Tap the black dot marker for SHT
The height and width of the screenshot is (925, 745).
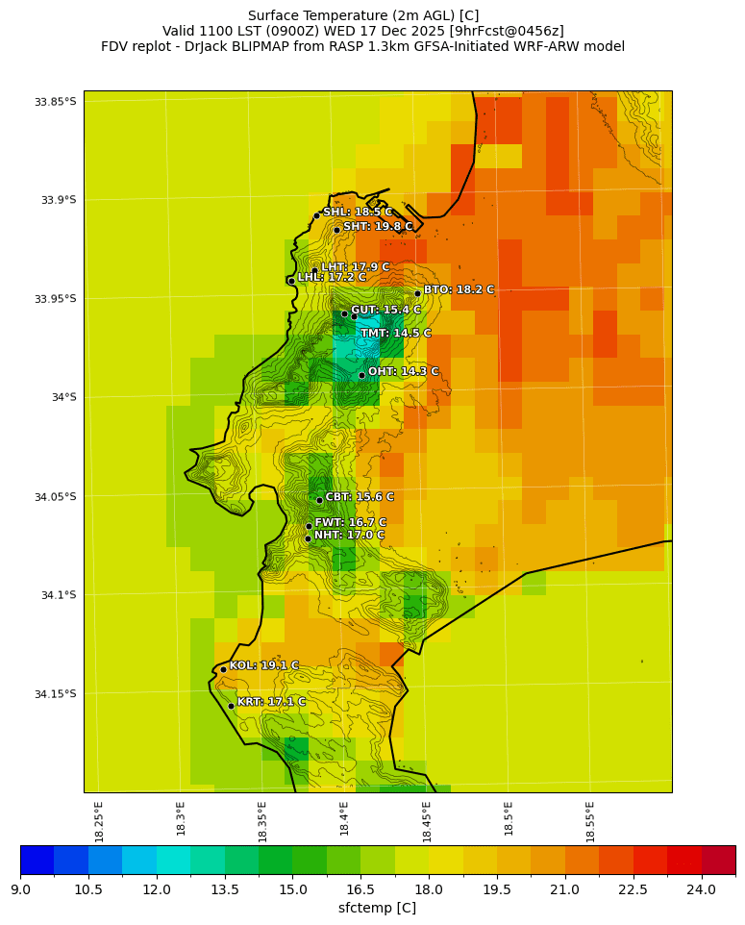coord(336,229)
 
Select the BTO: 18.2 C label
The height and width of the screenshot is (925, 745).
coord(459,289)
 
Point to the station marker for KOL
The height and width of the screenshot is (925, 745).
coord(223,669)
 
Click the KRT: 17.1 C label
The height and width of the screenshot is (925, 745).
coord(271,702)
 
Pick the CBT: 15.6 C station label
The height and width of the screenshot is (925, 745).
coord(360,497)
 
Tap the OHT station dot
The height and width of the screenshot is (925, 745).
coord(361,375)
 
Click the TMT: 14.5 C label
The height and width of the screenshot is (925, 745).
coord(396,334)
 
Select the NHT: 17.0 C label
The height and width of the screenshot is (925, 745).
coord(349,536)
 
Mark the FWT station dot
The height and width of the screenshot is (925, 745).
coord(309,526)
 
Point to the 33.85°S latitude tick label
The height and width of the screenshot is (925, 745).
coord(55,102)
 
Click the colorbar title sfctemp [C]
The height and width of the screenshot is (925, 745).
coord(377,908)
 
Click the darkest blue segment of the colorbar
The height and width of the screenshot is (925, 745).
coord(37,860)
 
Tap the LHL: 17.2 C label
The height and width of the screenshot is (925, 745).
coord(332,277)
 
